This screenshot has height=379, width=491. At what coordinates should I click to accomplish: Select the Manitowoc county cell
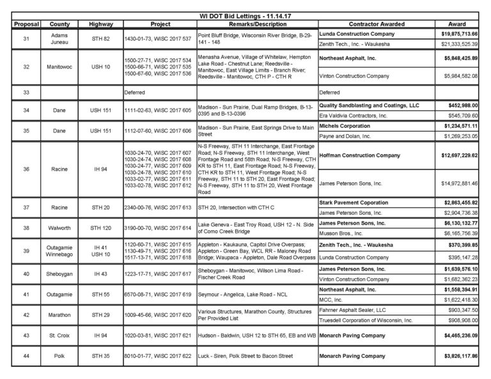click(x=59, y=66)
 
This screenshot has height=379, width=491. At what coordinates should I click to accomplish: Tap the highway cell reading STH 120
click(x=101, y=227)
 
